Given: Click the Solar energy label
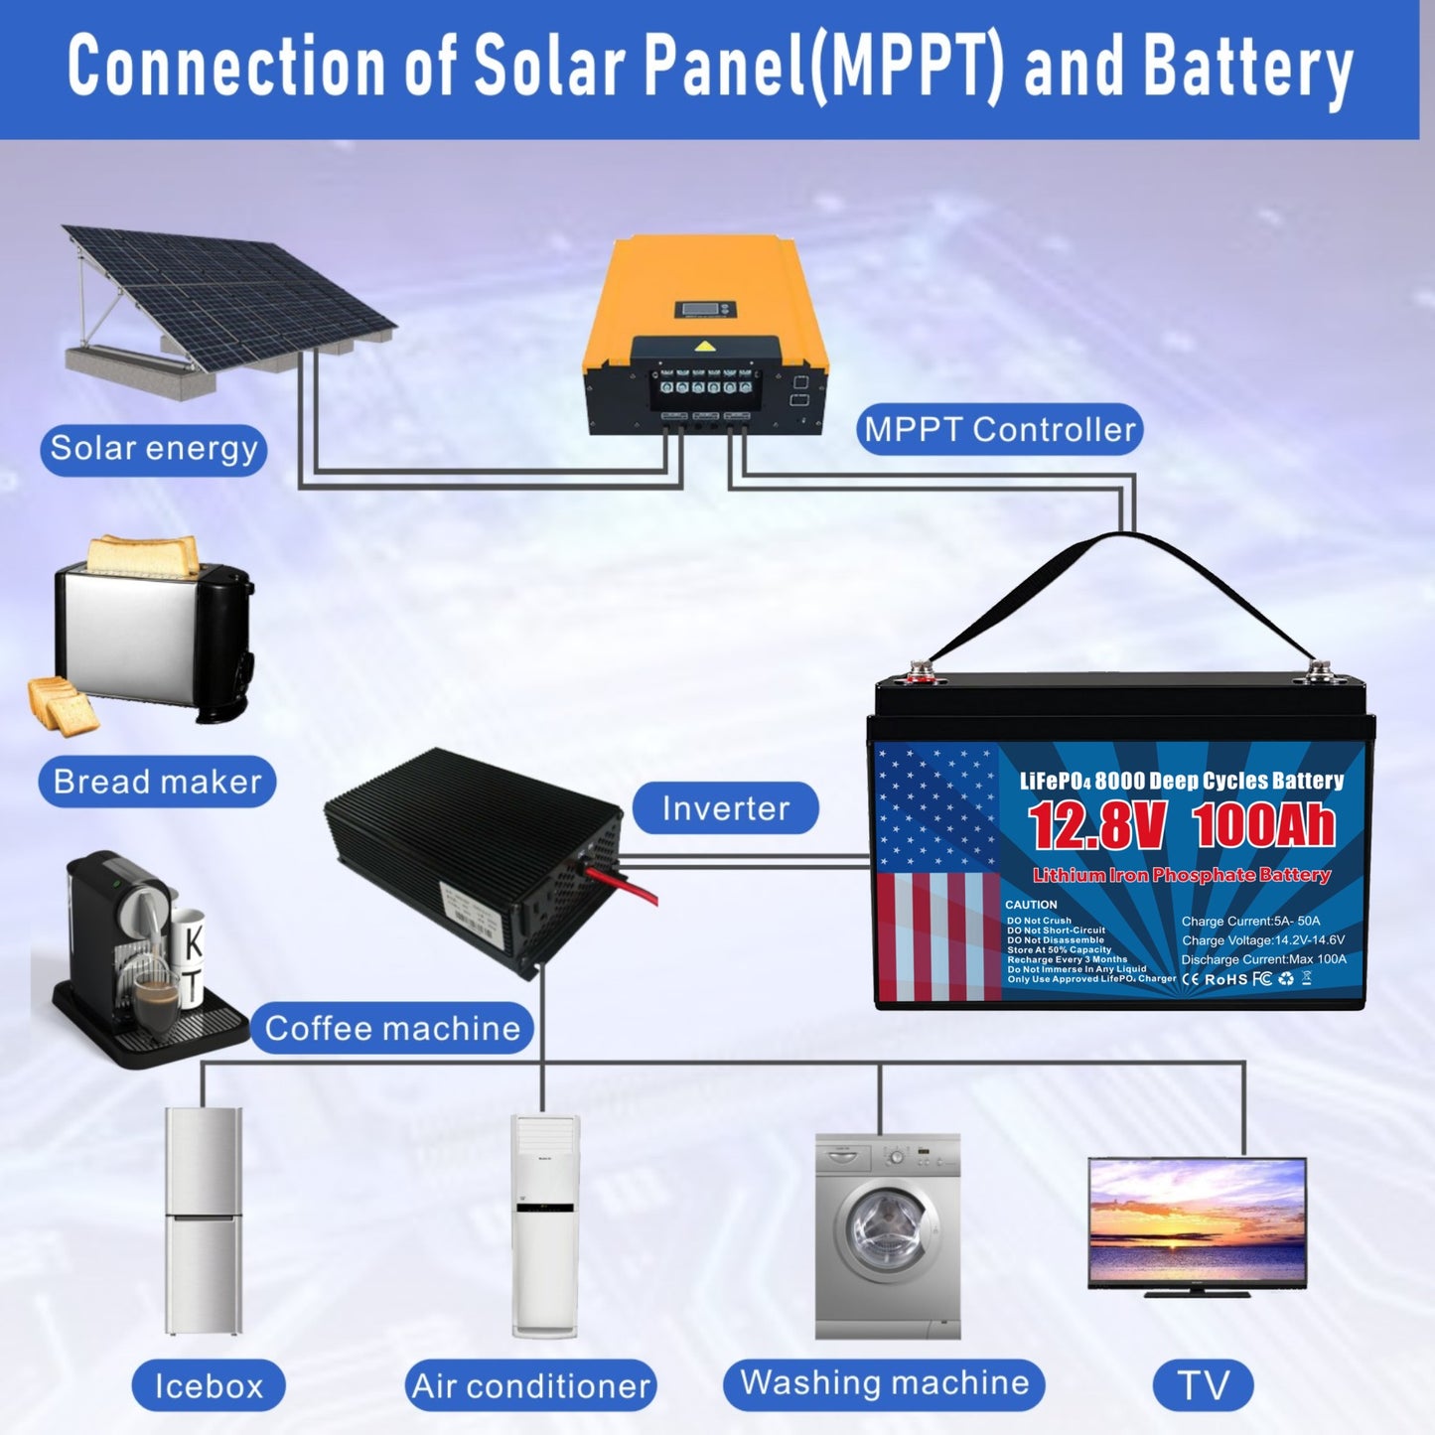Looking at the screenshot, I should (x=154, y=449).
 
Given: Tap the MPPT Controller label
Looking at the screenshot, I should (x=999, y=430).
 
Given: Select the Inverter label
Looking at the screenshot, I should (x=725, y=808).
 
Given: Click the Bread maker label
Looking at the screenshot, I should (x=157, y=782).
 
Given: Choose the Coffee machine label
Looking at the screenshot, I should (x=392, y=1028).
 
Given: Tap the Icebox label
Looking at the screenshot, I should (x=209, y=1385).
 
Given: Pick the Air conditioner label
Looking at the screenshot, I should (x=530, y=1385).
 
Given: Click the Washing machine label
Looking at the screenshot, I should (x=884, y=1383).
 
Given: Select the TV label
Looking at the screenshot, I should (x=1203, y=1385).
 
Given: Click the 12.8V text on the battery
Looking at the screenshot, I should (x=1095, y=826).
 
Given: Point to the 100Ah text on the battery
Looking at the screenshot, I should (x=1263, y=826).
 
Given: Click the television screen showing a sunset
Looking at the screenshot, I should (x=1197, y=1221).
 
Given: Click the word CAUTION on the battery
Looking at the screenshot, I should (x=1031, y=905).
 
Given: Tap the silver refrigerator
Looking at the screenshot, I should (x=204, y=1221).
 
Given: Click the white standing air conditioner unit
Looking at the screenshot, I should (x=544, y=1226).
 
